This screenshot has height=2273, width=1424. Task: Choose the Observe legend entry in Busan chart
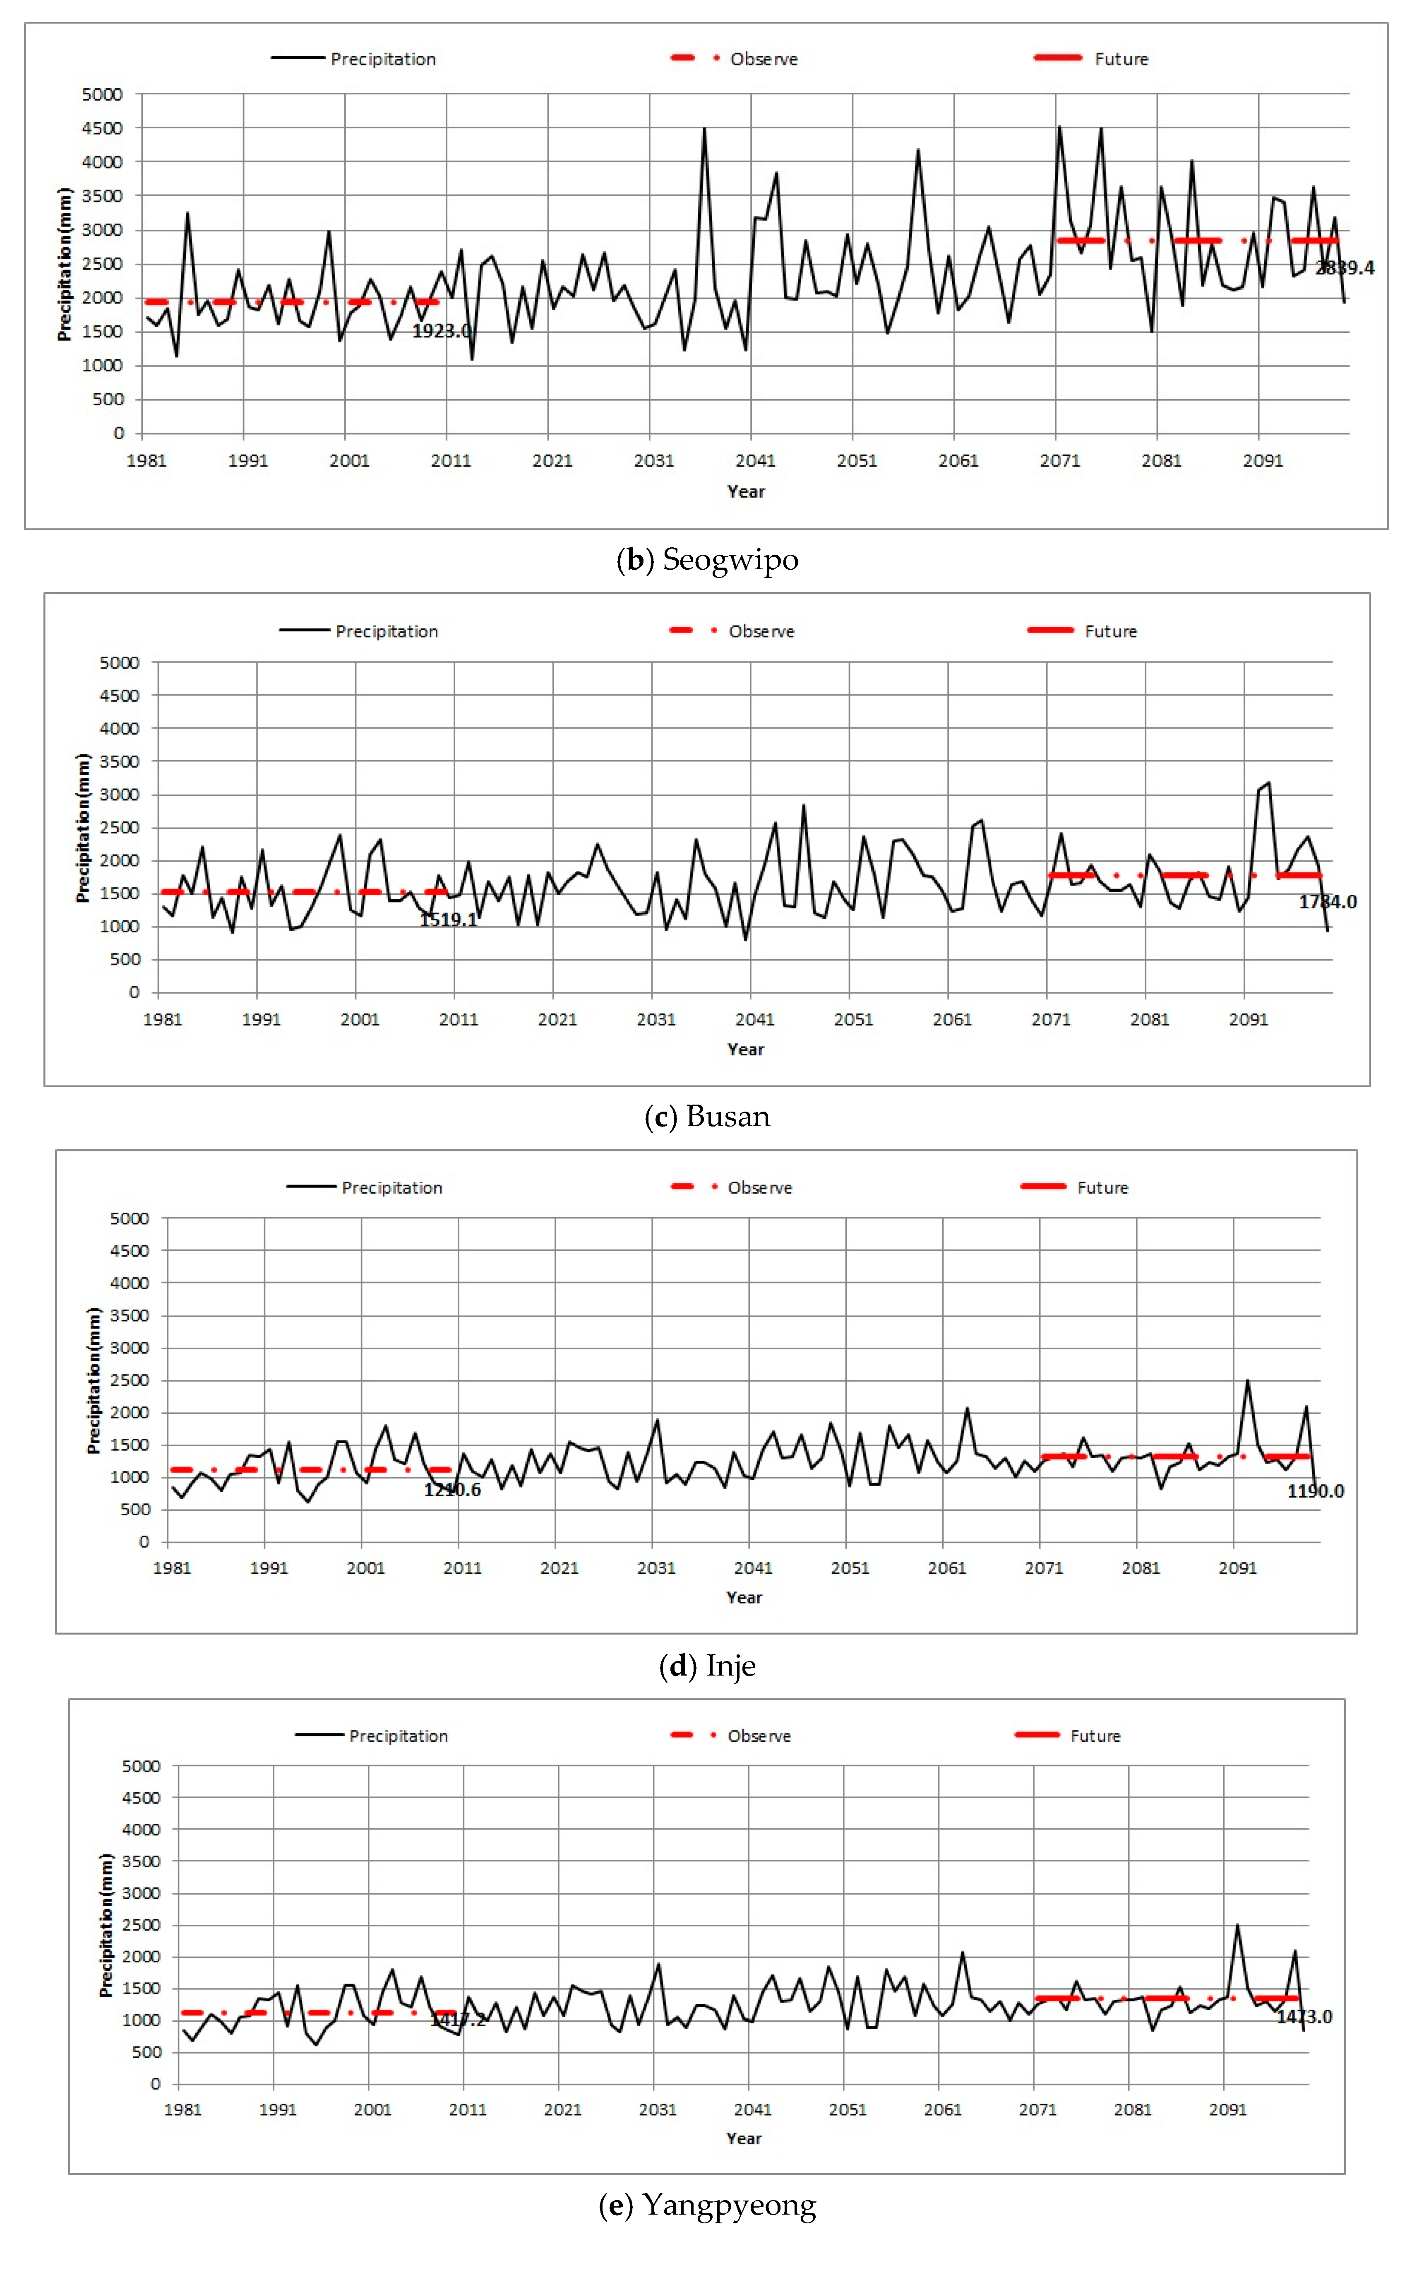[x=761, y=631]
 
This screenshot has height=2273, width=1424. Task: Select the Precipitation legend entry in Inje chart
[x=392, y=1188]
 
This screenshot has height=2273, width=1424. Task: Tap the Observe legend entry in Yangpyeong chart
[x=759, y=1736]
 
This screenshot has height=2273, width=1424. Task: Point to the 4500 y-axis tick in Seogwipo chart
[x=103, y=128]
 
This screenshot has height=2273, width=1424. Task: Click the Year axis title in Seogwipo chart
[x=746, y=492]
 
